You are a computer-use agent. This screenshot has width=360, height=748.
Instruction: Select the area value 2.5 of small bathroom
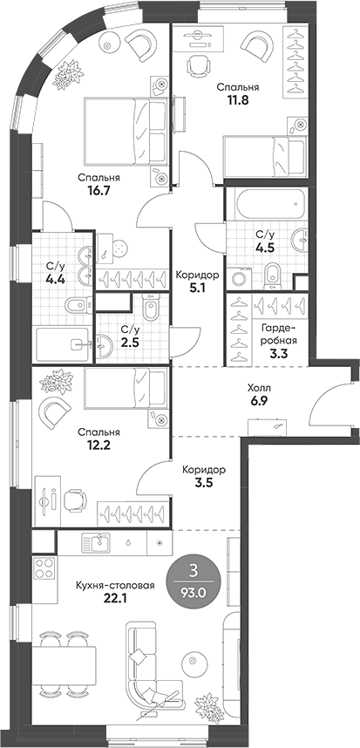(129, 343)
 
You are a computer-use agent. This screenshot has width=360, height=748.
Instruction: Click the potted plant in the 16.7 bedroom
(63, 77)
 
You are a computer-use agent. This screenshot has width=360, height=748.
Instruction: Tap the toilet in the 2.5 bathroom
(149, 309)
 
